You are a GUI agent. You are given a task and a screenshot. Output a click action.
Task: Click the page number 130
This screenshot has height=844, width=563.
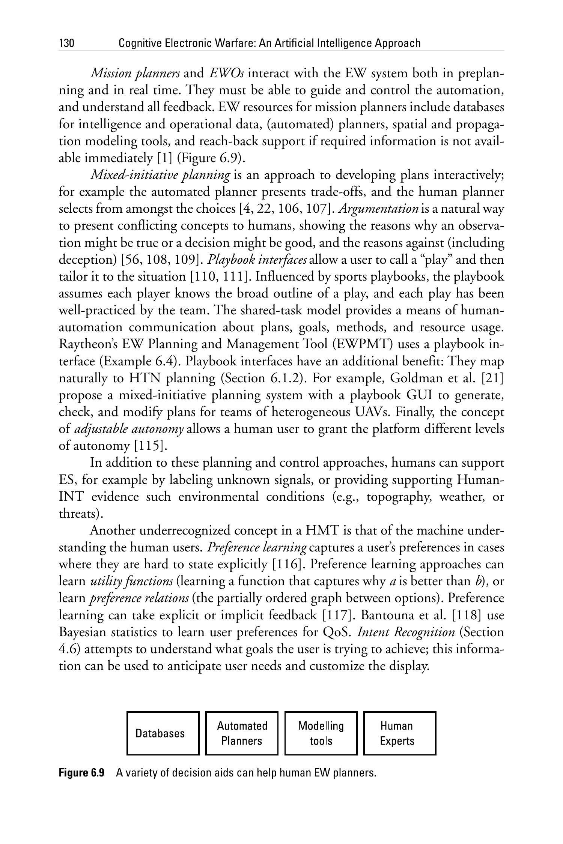pyautogui.click(x=67, y=44)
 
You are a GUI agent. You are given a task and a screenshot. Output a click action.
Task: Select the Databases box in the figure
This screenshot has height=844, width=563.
pyautogui.click(x=163, y=733)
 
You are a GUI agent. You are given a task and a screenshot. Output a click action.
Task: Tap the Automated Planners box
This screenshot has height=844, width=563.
pyautogui.click(x=242, y=733)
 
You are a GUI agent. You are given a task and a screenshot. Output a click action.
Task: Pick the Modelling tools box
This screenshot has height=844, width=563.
pyautogui.click(x=321, y=733)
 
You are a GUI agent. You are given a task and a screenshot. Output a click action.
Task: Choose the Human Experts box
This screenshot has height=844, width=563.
pyautogui.click(x=400, y=733)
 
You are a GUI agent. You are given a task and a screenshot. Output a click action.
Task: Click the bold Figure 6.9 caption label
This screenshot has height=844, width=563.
pyautogui.click(x=81, y=773)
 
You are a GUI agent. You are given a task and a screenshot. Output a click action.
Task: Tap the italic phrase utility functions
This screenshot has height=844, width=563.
pyautogui.click(x=132, y=581)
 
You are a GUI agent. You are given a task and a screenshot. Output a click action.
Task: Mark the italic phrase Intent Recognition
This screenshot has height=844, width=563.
pyautogui.click(x=406, y=632)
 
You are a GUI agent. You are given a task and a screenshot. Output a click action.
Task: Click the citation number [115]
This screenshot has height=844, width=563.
pyautogui.click(x=150, y=446)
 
